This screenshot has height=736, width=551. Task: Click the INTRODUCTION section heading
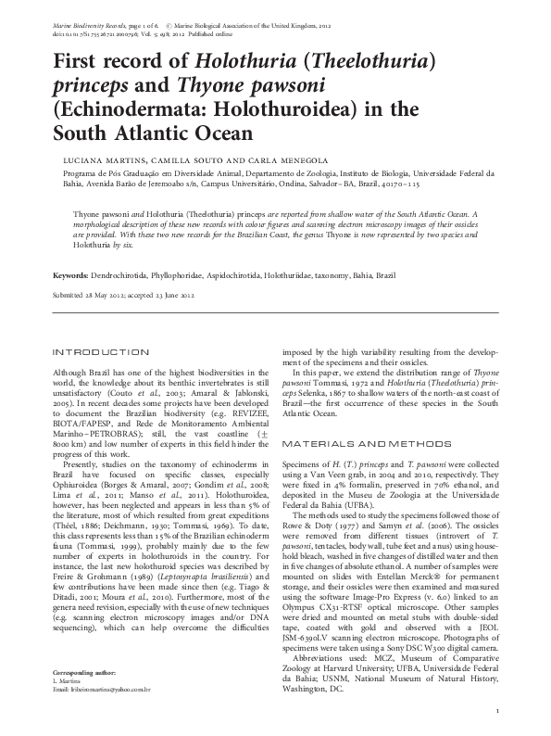[x=102, y=352]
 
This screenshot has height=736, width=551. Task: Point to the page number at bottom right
[x=498, y=711]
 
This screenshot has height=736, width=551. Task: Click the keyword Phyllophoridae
[x=210, y=275]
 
